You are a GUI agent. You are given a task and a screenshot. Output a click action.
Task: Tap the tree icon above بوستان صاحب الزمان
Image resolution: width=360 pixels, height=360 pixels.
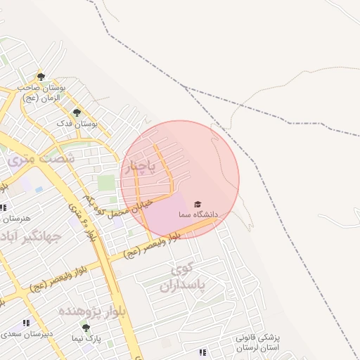pos(40,77)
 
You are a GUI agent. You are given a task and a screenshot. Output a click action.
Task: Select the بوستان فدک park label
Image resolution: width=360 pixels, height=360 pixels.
pos(77,124)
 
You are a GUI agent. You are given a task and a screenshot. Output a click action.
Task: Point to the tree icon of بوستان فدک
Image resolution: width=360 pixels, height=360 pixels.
pos(77,112)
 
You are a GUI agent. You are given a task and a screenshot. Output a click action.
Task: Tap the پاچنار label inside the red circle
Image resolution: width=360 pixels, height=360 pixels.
pos(144,167)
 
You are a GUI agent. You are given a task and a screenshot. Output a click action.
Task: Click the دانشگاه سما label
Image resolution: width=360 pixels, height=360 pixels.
pos(198,213)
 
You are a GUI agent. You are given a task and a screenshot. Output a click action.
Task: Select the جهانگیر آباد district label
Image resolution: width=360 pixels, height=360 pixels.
pos(31,236)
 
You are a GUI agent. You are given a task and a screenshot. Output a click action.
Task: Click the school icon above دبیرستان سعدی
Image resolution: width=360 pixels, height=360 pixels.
pos(26,323)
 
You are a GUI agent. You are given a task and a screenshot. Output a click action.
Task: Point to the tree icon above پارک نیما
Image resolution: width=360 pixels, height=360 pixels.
pos(86,328)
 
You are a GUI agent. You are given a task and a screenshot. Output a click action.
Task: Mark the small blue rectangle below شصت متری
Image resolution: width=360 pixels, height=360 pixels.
pos(38,189)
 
